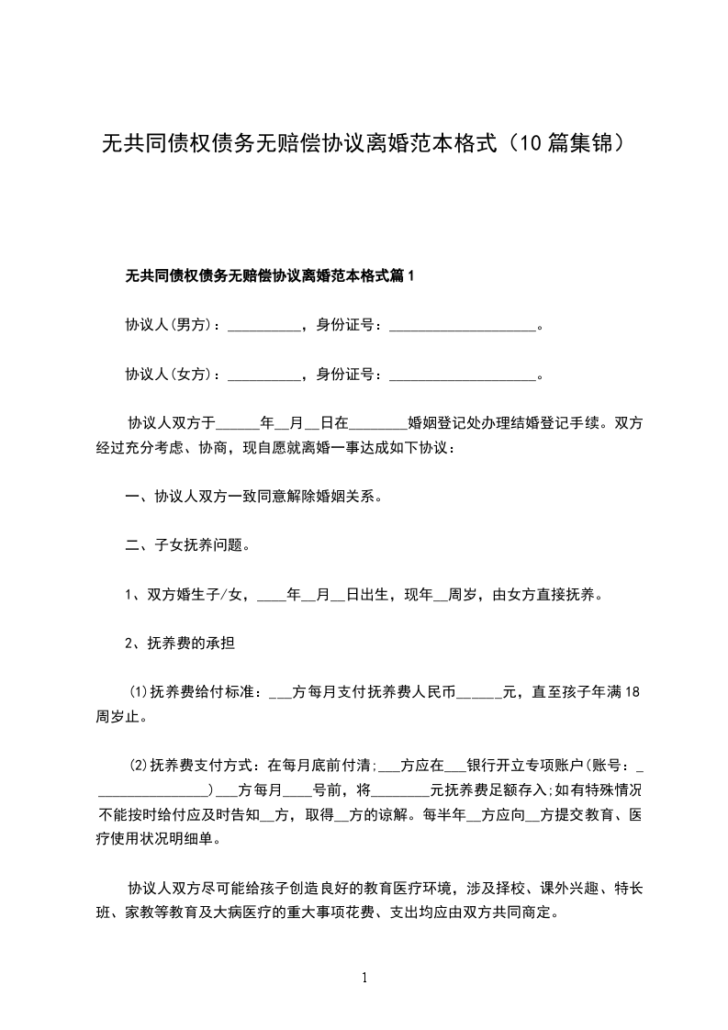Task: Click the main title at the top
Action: [x=364, y=144]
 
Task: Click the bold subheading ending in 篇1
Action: [x=270, y=275]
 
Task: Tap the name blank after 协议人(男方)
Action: [x=263, y=325]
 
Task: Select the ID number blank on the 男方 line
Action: [x=462, y=325]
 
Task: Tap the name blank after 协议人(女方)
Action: [x=263, y=375]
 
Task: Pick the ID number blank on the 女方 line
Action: [x=462, y=375]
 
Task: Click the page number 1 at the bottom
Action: [x=364, y=979]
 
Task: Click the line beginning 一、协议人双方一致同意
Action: [x=253, y=498]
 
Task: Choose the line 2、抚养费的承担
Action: [x=179, y=644]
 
